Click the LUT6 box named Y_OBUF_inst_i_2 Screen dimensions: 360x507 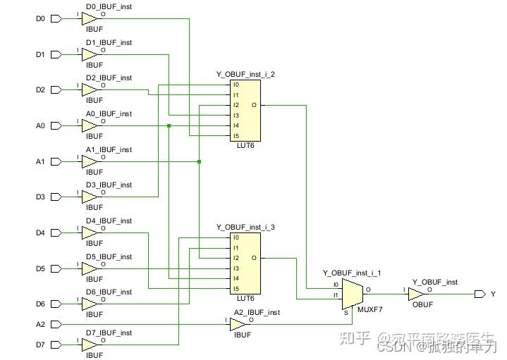coord(245,111)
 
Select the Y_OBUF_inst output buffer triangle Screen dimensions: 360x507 coord(417,294)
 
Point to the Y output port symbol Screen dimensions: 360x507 coord(479,294)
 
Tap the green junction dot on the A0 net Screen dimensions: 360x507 coord(169,125)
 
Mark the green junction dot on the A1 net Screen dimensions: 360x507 coord(200,161)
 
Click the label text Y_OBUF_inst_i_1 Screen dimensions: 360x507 coord(352,273)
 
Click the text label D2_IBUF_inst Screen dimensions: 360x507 coord(109,78)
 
